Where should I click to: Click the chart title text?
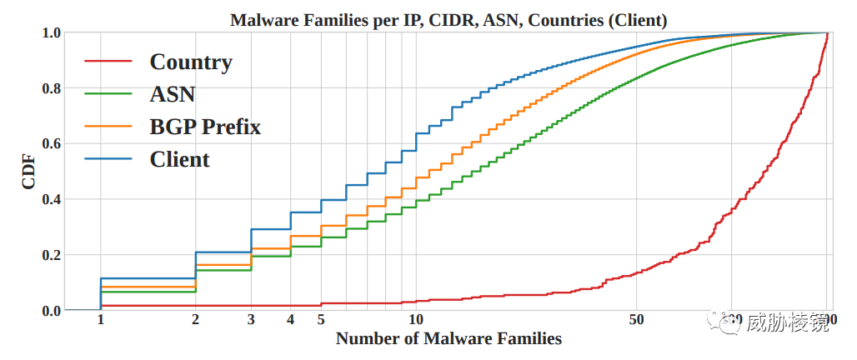449,19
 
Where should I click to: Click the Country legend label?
191,62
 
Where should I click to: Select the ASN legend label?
173,94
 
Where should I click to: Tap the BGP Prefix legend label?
205,127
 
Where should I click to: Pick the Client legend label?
179,159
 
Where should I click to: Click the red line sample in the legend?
108,62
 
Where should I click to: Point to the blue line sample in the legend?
108,159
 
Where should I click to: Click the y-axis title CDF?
29,171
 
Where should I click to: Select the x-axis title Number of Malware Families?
449,338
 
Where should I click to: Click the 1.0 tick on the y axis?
51,32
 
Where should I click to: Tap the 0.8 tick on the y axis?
51,88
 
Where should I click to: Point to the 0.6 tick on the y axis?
51,143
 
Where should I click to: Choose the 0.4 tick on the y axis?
51,199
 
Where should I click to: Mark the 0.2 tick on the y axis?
51,255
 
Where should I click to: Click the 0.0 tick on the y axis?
51,310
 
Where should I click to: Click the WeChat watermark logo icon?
722,322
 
